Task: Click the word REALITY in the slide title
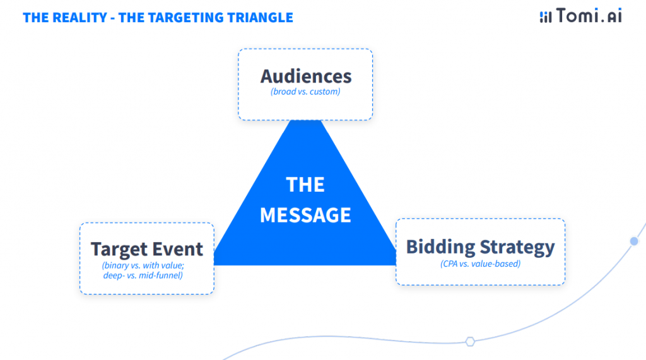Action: point(79,17)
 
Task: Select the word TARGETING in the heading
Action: point(179,17)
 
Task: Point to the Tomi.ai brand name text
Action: point(589,16)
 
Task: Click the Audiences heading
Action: point(306,76)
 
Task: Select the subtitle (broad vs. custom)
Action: point(306,92)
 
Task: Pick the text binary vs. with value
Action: point(143,265)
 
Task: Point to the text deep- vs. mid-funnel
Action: point(143,276)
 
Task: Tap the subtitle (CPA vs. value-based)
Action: point(480,264)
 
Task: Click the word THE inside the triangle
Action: point(305,185)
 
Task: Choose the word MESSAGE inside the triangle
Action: point(305,215)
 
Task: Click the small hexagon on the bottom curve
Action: point(470,342)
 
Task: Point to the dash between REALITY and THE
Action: point(112,18)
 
